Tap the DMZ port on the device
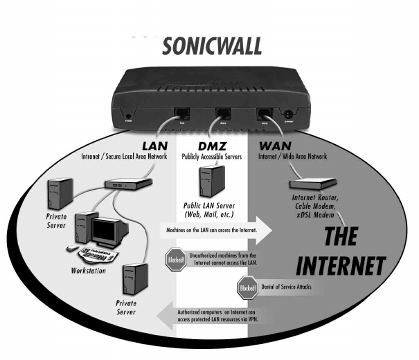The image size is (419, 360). coord(223,114)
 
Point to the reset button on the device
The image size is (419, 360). coord(128,116)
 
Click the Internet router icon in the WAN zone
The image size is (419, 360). coord(312,184)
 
